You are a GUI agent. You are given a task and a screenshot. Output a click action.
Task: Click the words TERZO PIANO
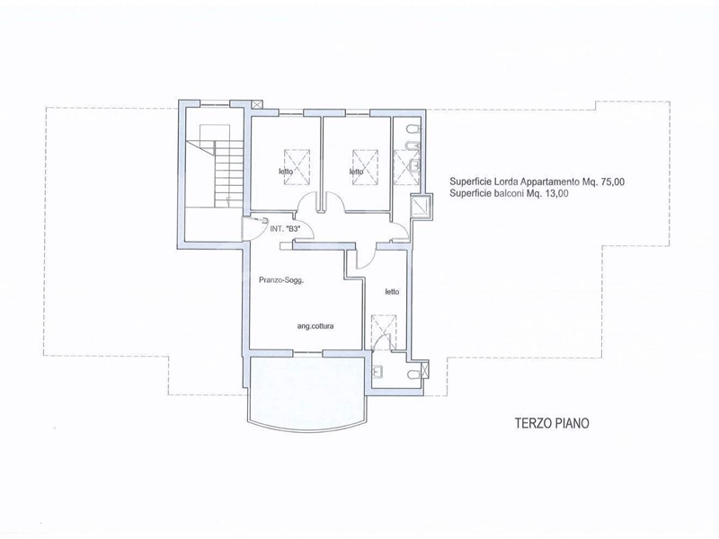552,423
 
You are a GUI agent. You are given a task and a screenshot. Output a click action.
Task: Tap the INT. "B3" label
284,229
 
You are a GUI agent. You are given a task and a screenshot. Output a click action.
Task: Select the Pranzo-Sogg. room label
281,280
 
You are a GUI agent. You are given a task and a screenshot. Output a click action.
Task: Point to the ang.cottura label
315,326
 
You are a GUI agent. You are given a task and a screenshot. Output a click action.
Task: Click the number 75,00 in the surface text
611,182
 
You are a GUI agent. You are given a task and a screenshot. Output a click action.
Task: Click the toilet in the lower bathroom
412,375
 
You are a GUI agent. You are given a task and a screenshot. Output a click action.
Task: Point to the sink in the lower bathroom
378,371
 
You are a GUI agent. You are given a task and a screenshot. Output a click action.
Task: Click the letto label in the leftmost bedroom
286,172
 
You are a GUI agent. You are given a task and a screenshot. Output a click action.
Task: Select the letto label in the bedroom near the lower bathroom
392,291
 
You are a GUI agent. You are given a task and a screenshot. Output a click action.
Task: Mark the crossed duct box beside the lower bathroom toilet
425,370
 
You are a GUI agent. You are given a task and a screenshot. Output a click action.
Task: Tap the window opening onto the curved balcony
307,353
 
